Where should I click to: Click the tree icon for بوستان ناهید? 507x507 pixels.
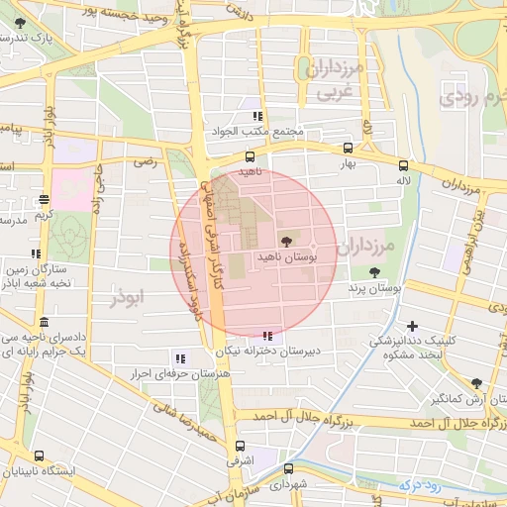(287, 241)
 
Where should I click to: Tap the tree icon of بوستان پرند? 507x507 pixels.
(374, 272)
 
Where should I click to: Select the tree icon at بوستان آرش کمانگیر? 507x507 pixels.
(477, 383)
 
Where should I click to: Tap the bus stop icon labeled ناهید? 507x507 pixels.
(250, 156)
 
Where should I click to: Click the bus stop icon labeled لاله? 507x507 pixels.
(403, 166)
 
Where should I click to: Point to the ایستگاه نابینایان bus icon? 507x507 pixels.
(39, 456)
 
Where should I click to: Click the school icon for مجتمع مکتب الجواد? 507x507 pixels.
(258, 116)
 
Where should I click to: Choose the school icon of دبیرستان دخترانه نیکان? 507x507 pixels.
(267, 336)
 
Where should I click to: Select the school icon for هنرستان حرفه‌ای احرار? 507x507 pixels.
(180, 357)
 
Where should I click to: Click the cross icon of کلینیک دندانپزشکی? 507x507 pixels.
(412, 325)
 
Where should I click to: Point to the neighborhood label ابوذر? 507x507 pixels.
(128, 295)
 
